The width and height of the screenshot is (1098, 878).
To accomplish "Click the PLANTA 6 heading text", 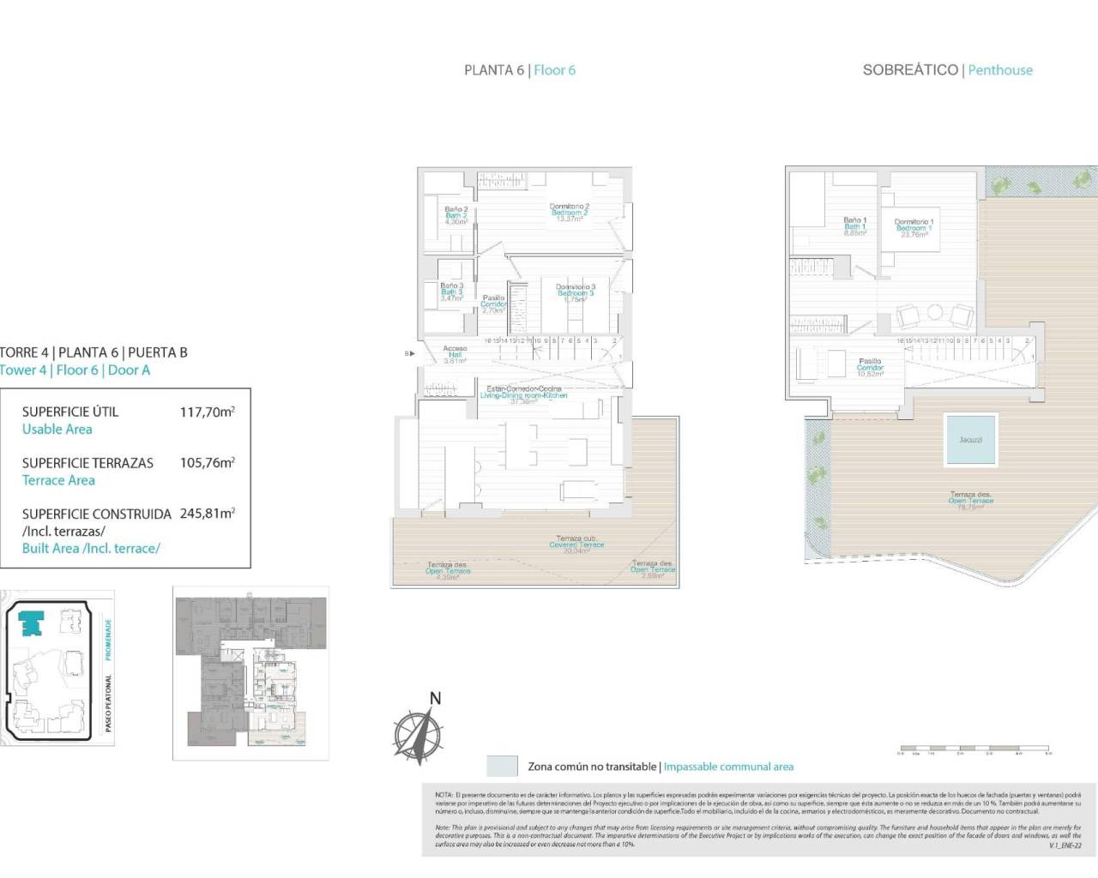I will (493, 70).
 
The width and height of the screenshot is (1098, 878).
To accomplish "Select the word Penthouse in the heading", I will (1000, 70).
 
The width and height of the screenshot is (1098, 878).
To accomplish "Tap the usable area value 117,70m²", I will (207, 412).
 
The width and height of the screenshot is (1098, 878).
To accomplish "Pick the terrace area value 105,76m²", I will (207, 463).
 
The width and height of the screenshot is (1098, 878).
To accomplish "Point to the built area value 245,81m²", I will (207, 514).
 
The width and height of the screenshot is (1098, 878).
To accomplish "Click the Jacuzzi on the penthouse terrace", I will (970, 440).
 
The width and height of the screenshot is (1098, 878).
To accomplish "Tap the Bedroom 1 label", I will (914, 228).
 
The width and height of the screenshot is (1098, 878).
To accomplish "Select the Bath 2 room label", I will (455, 215).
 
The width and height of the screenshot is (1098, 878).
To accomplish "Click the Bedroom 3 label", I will (575, 293).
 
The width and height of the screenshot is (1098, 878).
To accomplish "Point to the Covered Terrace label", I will (576, 544).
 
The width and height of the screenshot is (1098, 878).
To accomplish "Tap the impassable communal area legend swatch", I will (502, 766).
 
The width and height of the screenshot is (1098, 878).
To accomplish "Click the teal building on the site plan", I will (33, 622).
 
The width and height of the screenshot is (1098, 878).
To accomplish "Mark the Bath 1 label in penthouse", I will (854, 226).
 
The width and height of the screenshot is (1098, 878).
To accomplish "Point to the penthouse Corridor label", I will (870, 368).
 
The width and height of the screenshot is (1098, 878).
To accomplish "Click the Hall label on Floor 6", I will (455, 355).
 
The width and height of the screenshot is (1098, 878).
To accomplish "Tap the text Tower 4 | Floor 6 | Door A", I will (75, 370).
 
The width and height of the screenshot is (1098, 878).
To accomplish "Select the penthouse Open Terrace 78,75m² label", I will (970, 501).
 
